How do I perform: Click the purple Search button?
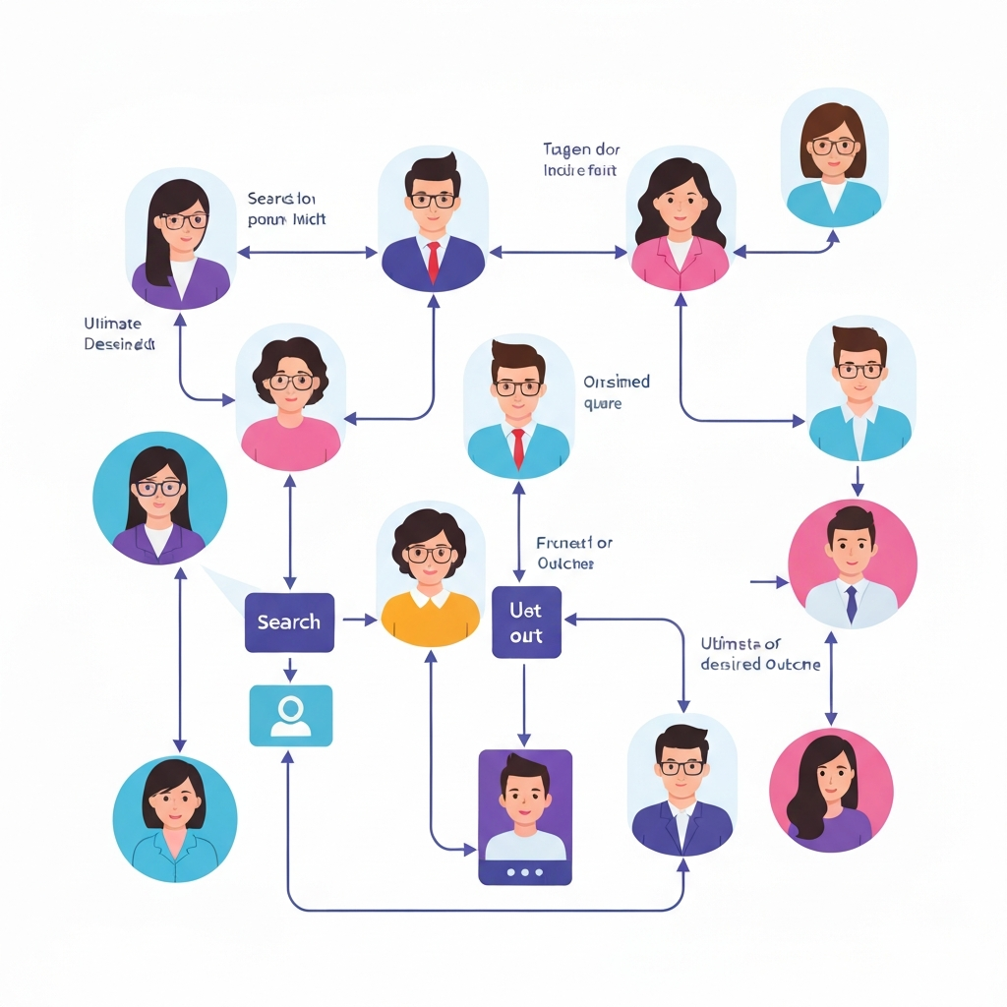[x=289, y=622]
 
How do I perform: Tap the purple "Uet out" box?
[x=526, y=622]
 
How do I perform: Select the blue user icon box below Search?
[x=290, y=715]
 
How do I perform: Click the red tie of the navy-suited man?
[x=433, y=262]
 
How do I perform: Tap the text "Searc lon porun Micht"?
[x=286, y=208]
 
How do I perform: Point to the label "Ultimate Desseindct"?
[x=119, y=334]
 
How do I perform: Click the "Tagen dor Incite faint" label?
[x=581, y=159]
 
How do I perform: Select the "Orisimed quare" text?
[x=617, y=392]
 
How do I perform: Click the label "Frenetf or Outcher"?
[x=574, y=553]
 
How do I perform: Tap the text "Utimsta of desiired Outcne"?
[x=760, y=654]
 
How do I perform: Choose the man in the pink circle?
[x=852, y=563]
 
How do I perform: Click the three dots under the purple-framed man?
[x=524, y=870]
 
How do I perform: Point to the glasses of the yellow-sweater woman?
[x=430, y=554]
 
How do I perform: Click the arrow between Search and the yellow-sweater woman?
[x=359, y=620]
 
